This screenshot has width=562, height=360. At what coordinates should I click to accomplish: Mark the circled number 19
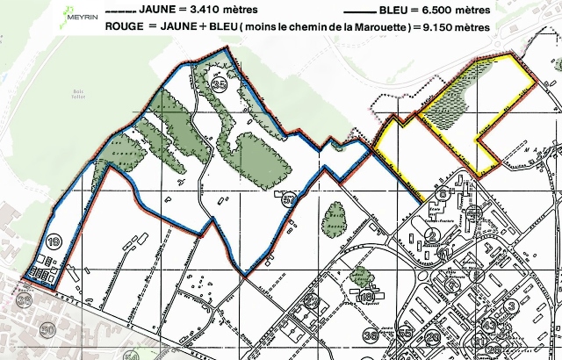(x=55, y=243)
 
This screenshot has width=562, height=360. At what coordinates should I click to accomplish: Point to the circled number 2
(x=431, y=234)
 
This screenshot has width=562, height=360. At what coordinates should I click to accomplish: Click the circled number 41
(x=444, y=253)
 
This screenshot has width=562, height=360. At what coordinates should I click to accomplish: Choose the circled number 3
(x=510, y=306)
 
